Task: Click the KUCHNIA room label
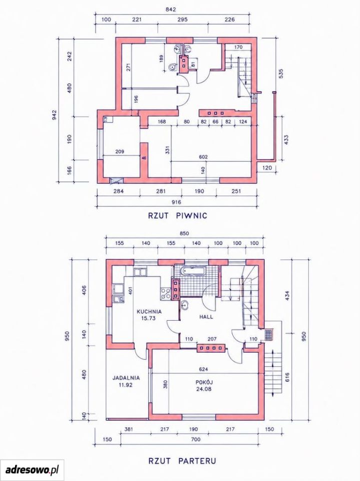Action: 149,311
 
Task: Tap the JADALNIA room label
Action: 126,378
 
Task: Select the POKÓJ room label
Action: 204,382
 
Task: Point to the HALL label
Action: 206,317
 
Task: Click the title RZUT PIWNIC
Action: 178,215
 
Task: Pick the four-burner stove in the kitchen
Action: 166,293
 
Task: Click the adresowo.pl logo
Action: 32,469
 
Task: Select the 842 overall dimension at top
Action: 171,10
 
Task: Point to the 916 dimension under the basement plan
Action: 176,202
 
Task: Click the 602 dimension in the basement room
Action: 203,157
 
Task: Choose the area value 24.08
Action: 204,389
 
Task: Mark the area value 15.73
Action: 148,318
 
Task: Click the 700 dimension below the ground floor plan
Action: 195,439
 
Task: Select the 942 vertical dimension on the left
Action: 54,114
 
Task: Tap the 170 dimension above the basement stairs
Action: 238,47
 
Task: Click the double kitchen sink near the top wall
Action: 140,272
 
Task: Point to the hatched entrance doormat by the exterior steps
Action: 269,335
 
